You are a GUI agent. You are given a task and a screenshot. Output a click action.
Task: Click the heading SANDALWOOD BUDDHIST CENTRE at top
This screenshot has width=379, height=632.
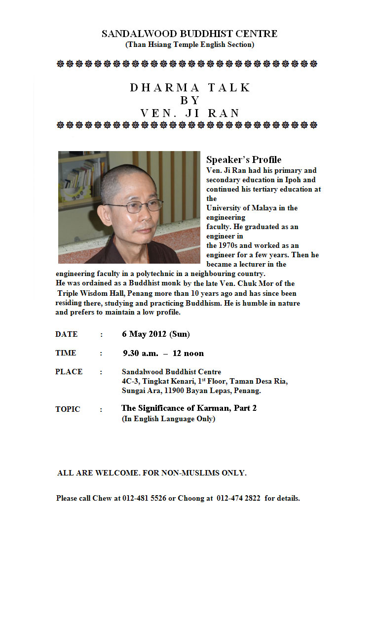click(x=189, y=34)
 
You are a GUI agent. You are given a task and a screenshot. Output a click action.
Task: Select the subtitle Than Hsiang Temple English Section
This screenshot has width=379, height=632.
click(x=189, y=44)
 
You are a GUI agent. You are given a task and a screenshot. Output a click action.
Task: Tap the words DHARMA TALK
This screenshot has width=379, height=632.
click(x=190, y=88)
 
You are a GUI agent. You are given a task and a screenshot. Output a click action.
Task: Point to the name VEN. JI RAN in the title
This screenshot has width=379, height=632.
click(x=190, y=113)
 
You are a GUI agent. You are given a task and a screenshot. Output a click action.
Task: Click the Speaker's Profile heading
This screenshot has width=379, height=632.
click(x=244, y=159)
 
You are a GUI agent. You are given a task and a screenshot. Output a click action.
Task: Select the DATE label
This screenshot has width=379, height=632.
click(x=67, y=334)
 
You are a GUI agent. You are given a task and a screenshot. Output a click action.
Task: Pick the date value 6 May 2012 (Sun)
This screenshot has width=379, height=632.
click(x=156, y=334)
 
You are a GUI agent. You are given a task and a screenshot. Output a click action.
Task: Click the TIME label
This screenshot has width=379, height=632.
click(x=66, y=353)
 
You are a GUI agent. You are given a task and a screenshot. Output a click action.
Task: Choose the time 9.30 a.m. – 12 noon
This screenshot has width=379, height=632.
click(x=163, y=353)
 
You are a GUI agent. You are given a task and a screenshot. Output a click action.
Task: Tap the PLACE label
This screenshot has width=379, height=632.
click(x=69, y=372)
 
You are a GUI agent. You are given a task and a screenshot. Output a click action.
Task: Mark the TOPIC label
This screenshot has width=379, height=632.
click(x=68, y=409)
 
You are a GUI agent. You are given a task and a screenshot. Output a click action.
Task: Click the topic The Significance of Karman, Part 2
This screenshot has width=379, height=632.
click(x=189, y=408)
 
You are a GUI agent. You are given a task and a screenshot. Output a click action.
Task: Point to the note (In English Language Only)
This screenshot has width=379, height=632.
click(x=168, y=419)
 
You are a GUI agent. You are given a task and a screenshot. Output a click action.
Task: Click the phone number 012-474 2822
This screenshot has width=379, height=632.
click(x=238, y=498)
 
